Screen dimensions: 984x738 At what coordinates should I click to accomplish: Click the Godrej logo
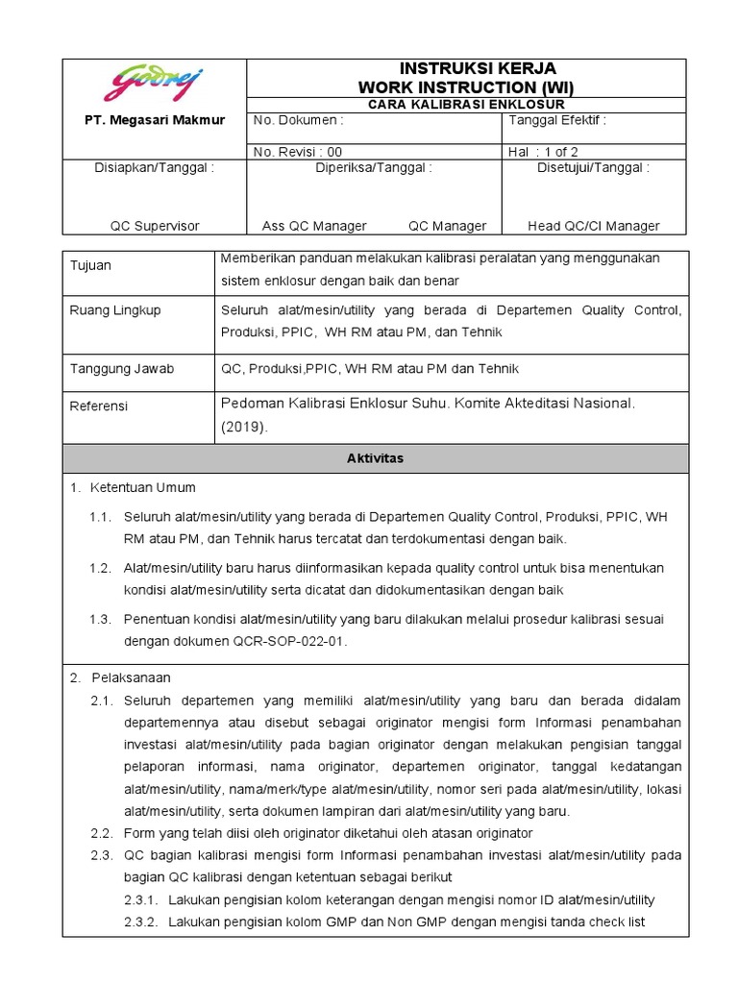[x=155, y=85]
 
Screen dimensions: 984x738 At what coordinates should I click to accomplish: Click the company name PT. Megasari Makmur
[x=155, y=120]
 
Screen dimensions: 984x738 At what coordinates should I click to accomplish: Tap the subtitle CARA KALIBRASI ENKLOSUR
[x=466, y=104]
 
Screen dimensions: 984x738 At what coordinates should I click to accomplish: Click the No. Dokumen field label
[x=297, y=121]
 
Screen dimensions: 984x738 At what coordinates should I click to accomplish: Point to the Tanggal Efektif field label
[x=556, y=121]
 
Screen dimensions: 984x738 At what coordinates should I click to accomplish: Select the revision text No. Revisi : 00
[x=297, y=151]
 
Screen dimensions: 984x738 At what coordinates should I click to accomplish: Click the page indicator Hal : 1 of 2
[x=543, y=151]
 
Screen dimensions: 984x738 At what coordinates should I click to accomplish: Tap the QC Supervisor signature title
[x=155, y=226]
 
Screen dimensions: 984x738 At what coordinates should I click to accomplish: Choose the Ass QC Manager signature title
[x=314, y=226]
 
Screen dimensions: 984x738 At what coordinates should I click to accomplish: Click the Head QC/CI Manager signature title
[x=594, y=226]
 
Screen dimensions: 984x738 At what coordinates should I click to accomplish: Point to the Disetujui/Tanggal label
[x=593, y=167]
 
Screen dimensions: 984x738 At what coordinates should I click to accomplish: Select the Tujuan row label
[x=90, y=265]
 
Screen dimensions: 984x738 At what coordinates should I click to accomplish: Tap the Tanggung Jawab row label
[x=121, y=369]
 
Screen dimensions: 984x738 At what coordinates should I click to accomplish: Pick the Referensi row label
[x=98, y=406]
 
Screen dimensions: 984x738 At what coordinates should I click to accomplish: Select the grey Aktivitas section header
[x=375, y=458]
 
